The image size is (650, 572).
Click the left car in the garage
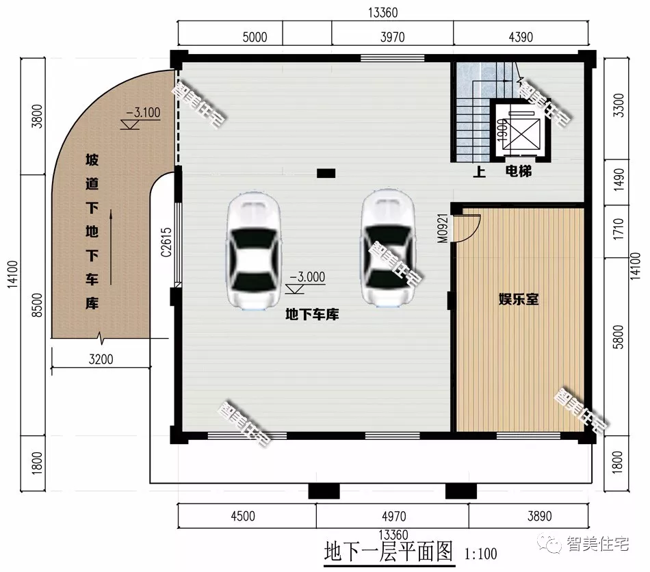[253, 251]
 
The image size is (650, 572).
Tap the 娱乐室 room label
[519, 299]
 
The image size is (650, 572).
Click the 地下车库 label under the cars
[312, 315]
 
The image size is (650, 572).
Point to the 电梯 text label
[519, 171]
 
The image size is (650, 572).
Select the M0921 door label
[443, 228]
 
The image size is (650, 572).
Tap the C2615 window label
[166, 242]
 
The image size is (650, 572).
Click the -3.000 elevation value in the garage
[307, 278]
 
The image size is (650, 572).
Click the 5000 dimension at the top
[255, 37]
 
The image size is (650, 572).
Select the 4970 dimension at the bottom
[392, 516]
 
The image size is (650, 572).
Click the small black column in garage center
[326, 174]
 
